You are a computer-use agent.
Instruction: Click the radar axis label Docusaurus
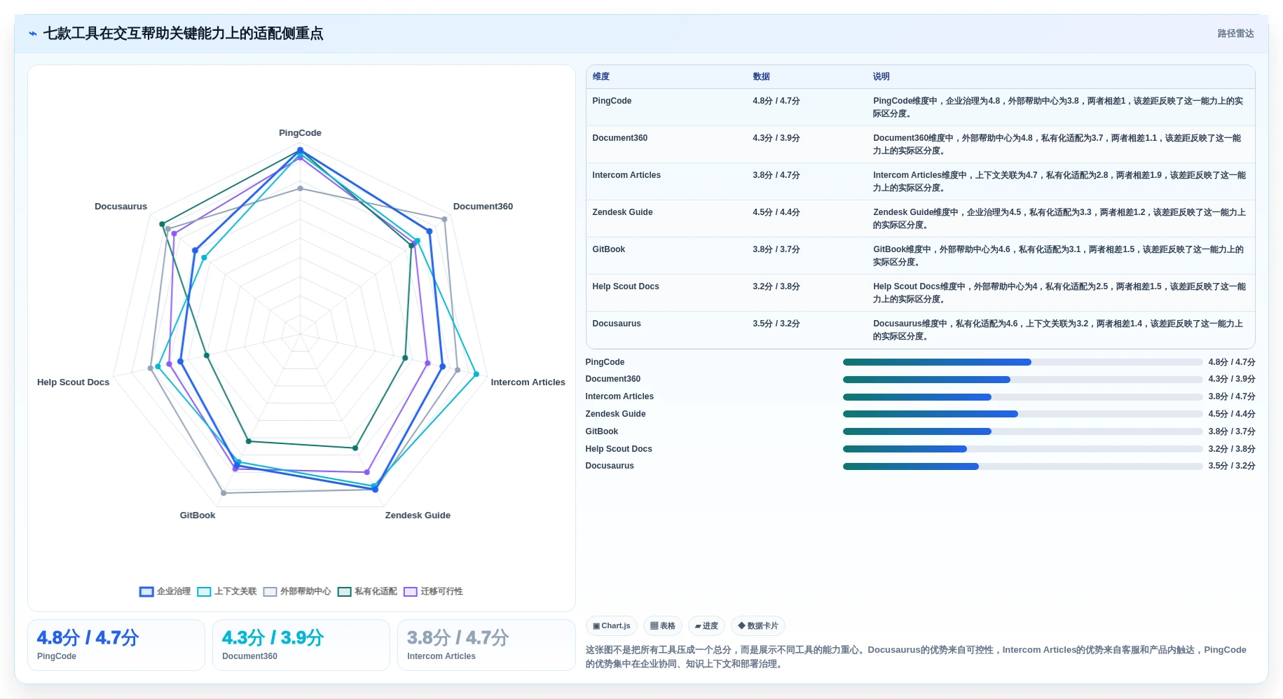121,207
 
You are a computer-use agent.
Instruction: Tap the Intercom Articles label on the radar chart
528,382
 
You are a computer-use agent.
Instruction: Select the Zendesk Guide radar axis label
418,515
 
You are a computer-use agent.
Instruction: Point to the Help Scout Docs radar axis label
74,382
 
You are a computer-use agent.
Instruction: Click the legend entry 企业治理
165,592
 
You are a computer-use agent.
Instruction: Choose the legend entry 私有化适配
367,592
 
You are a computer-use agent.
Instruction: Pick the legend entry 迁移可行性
433,592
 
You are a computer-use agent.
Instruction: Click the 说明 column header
881,77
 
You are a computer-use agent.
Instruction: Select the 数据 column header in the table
761,77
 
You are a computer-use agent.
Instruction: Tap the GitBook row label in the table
608,249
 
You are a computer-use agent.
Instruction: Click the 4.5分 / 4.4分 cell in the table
776,212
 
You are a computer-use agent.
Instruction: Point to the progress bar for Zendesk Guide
1022,414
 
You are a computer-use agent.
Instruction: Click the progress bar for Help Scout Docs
1022,449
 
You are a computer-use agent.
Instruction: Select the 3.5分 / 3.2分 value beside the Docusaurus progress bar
1231,466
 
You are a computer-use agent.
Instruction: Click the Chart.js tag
611,626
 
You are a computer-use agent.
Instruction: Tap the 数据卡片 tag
757,626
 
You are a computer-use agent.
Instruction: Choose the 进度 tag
706,626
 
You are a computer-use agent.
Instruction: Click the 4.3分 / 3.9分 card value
273,638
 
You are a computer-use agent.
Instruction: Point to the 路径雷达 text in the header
1235,34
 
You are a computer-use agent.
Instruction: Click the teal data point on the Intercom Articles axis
405,358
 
